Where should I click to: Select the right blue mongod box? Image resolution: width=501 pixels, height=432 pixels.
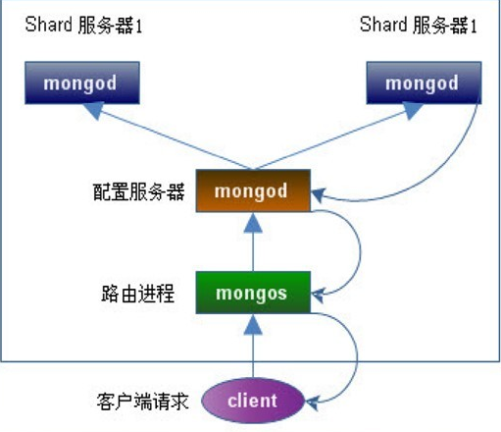click(422, 83)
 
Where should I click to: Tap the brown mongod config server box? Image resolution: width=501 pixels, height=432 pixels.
click(253, 190)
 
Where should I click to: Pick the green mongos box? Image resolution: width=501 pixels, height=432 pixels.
click(253, 292)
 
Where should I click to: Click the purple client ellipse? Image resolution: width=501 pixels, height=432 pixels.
click(253, 401)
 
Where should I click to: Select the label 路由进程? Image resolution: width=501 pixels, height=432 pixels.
click(138, 293)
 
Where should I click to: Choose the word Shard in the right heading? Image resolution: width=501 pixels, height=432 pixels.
click(381, 25)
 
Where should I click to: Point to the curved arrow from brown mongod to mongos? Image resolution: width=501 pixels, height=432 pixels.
click(358, 245)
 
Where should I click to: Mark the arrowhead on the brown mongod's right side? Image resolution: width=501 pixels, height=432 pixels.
click(319, 198)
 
